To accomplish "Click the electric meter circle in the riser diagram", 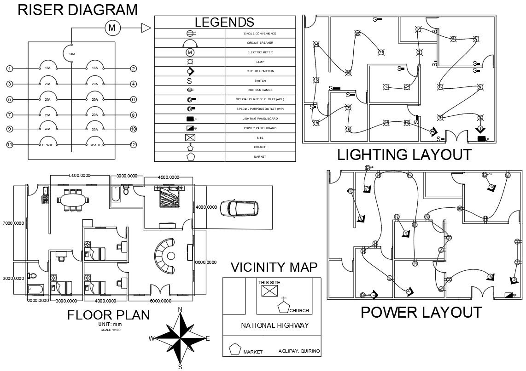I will click(x=112, y=29).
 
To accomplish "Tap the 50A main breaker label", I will click(x=72, y=54).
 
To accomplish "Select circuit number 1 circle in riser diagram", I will click(x=10, y=69).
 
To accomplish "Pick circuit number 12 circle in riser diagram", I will click(x=134, y=145).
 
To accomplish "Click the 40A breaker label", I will click(x=47, y=129).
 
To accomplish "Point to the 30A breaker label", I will click(x=95, y=129).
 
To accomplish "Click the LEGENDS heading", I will click(x=224, y=22).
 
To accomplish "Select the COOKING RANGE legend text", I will click(x=260, y=90).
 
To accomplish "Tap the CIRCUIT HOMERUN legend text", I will click(x=260, y=71).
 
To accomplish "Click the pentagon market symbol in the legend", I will click(x=191, y=157).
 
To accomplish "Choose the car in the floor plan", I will click(x=238, y=208).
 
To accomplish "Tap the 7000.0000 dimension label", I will click(x=13, y=223).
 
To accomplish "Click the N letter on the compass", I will click(x=180, y=309).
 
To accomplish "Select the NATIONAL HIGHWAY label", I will click(x=275, y=325).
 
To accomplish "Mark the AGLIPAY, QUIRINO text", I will click(x=299, y=351).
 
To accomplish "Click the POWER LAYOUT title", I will click(x=421, y=313).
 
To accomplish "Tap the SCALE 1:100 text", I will click(x=110, y=330).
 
